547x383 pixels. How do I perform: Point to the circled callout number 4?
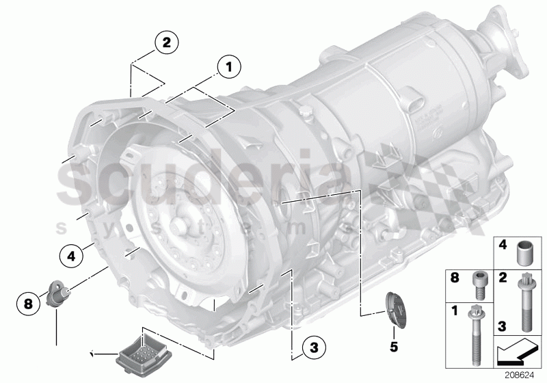point(70,258)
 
